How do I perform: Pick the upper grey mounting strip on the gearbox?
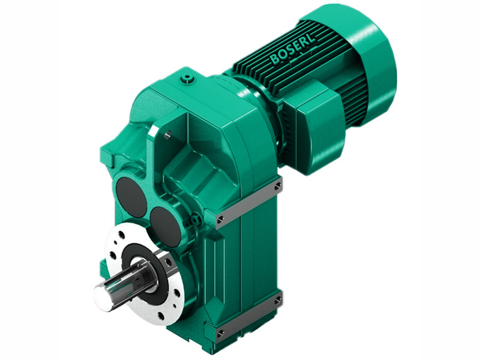point(249,202)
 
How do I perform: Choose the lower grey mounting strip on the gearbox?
point(249,315)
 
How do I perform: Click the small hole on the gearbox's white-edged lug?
point(169,135)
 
